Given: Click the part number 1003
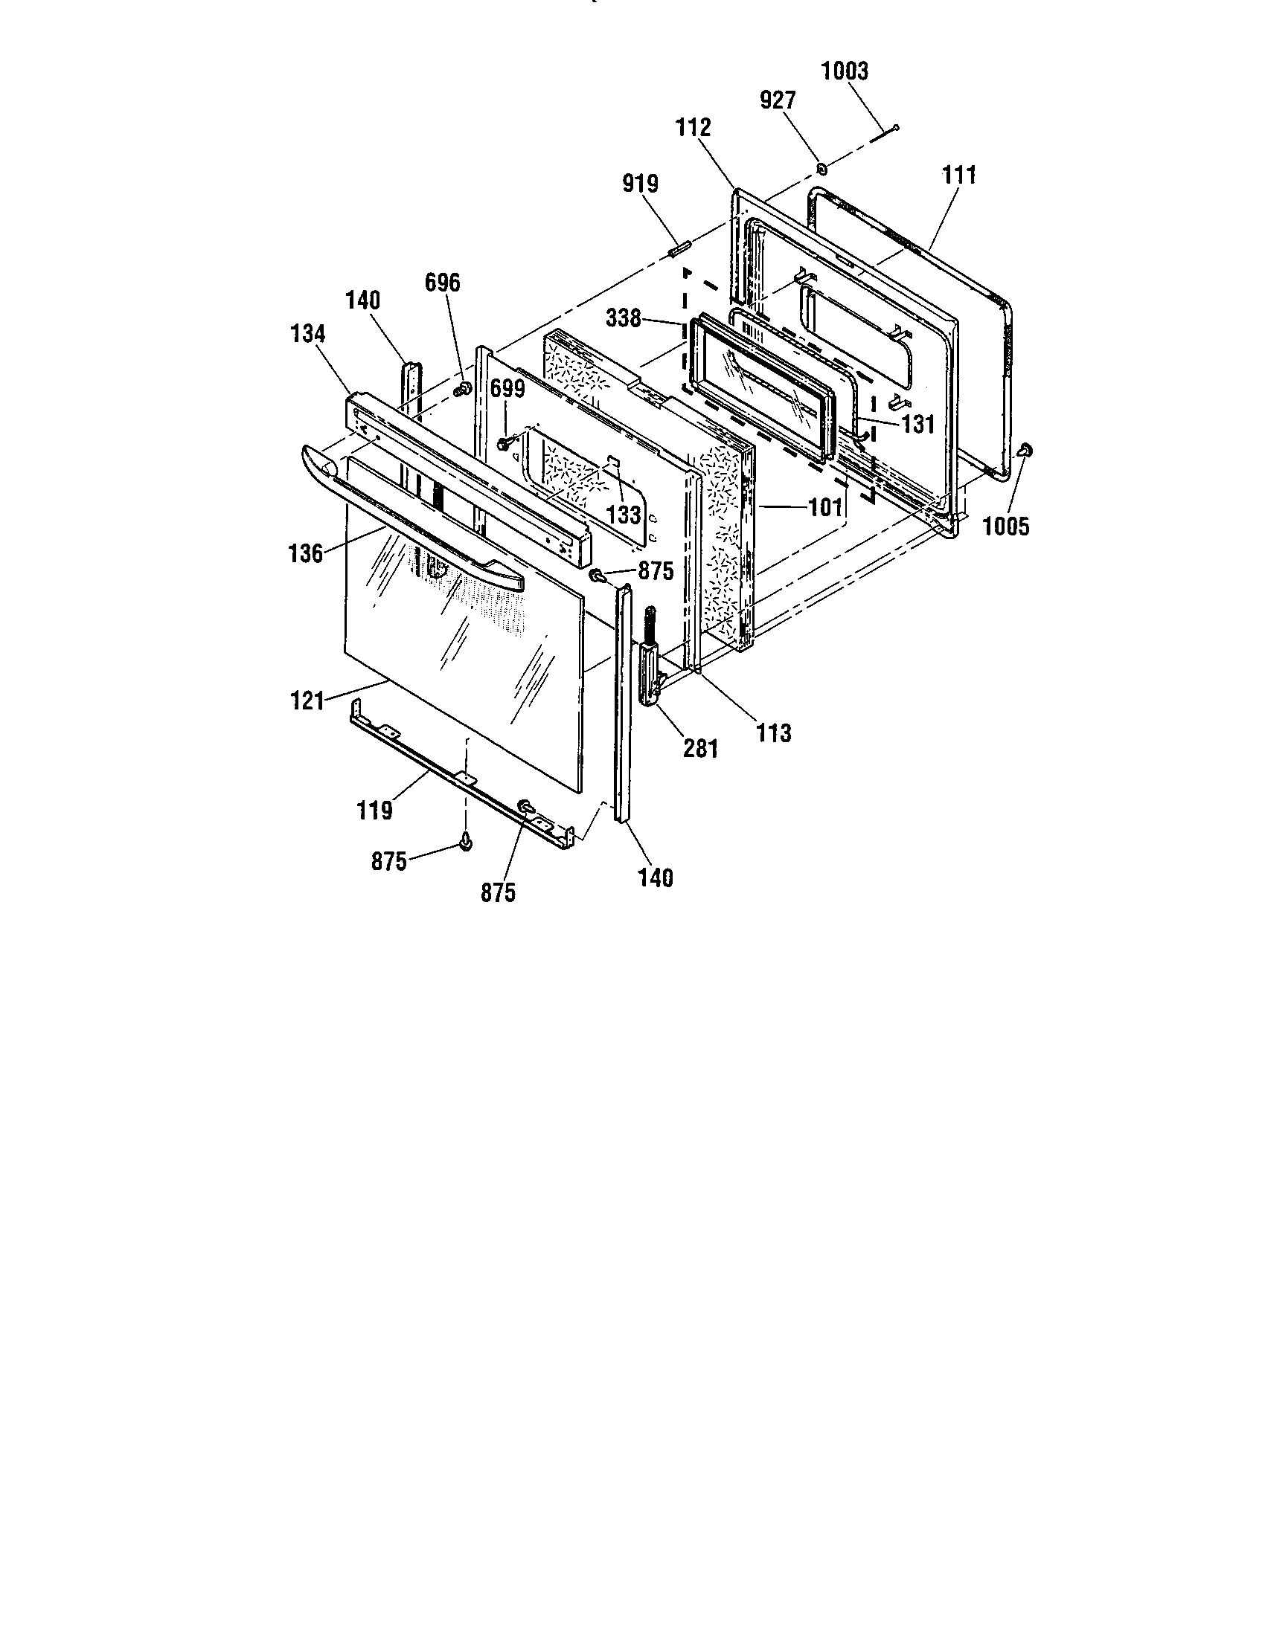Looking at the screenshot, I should [x=845, y=71].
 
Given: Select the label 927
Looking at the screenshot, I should [x=778, y=100].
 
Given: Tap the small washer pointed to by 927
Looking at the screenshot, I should [x=821, y=170].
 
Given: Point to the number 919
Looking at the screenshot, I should [x=640, y=184].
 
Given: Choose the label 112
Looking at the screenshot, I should [x=694, y=128].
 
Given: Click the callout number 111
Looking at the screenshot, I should [x=959, y=175].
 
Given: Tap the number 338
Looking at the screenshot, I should [x=624, y=318].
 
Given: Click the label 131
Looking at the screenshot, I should [x=918, y=425].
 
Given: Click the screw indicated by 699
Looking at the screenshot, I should [x=503, y=443].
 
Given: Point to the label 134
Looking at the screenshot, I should [x=307, y=334].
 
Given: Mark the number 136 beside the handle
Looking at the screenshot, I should [x=306, y=553].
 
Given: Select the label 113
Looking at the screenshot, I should [x=773, y=733].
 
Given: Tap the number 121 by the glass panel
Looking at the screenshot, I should [x=307, y=702].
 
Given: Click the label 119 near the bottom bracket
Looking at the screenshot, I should [x=375, y=811].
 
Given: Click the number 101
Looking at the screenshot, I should [x=825, y=508].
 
